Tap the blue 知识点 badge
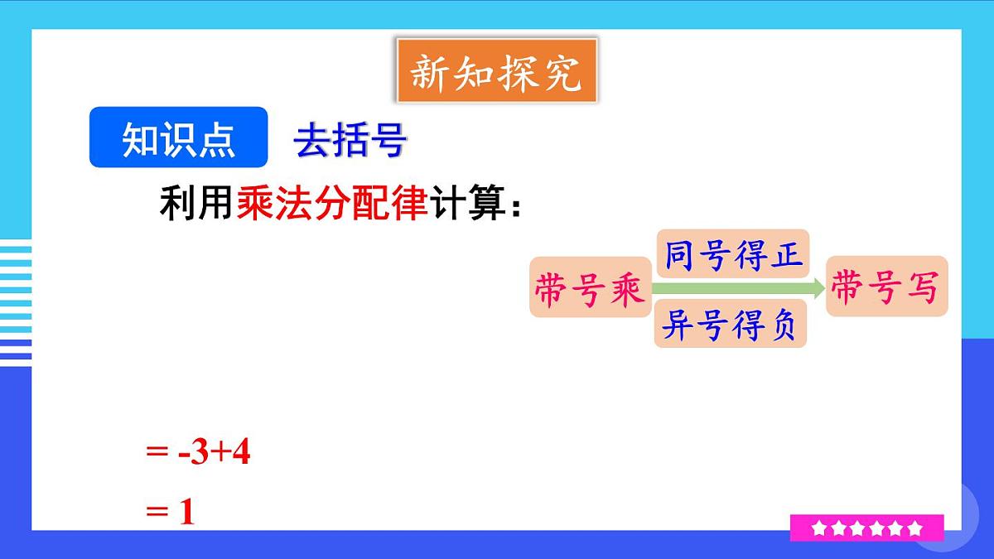[x=178, y=137]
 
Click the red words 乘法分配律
[x=332, y=203]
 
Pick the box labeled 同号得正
[x=733, y=254]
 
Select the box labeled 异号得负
[x=730, y=325]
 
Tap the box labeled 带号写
[x=886, y=287]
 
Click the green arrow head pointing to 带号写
[x=818, y=287]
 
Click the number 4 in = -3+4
[x=241, y=454]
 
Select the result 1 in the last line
[x=186, y=513]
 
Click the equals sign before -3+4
[x=156, y=454]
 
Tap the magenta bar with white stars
[x=866, y=528]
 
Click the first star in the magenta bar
[x=818, y=528]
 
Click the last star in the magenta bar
[x=914, y=528]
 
